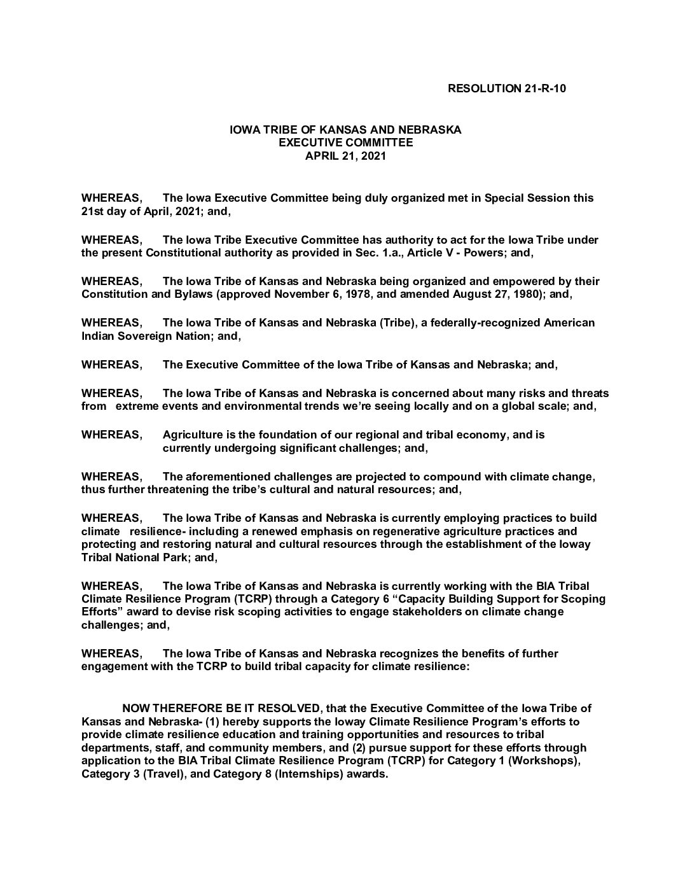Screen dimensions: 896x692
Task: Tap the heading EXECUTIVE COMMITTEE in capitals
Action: (x=346, y=143)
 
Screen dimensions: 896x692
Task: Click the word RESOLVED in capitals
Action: (x=293, y=708)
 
